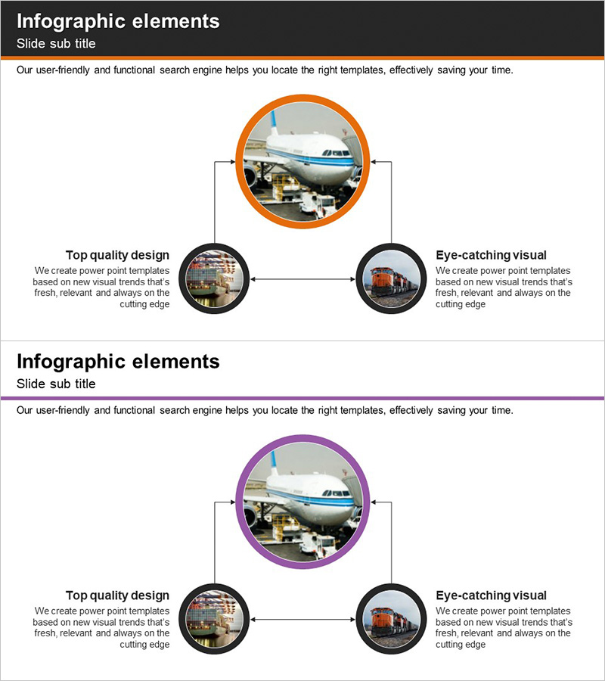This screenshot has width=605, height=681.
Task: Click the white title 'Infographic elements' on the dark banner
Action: (x=118, y=21)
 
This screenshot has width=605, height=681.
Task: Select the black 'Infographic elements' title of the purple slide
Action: (x=118, y=362)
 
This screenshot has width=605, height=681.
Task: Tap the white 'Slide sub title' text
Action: (x=56, y=43)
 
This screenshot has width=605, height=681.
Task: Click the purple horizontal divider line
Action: (x=302, y=398)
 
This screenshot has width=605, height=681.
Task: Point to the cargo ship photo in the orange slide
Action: (x=214, y=278)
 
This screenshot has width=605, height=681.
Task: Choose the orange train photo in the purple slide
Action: (x=392, y=619)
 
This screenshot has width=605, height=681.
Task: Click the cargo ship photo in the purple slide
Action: (x=214, y=619)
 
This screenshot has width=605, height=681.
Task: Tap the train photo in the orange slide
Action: (x=392, y=278)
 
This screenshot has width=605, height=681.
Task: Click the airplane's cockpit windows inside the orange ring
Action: (x=337, y=154)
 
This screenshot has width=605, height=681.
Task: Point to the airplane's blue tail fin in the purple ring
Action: (x=275, y=463)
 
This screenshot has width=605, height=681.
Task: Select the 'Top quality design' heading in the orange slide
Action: (x=117, y=255)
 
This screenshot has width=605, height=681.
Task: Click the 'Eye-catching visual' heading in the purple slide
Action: (x=492, y=595)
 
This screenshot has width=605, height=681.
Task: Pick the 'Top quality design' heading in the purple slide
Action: (x=117, y=595)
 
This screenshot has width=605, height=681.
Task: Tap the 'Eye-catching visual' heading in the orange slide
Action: (x=492, y=255)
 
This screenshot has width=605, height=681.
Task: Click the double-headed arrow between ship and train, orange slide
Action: (x=303, y=278)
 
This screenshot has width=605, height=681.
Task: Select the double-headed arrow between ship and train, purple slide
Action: (x=303, y=619)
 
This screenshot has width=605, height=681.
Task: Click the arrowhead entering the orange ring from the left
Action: (x=233, y=162)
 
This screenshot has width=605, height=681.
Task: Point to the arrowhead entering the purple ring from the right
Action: (x=374, y=502)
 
